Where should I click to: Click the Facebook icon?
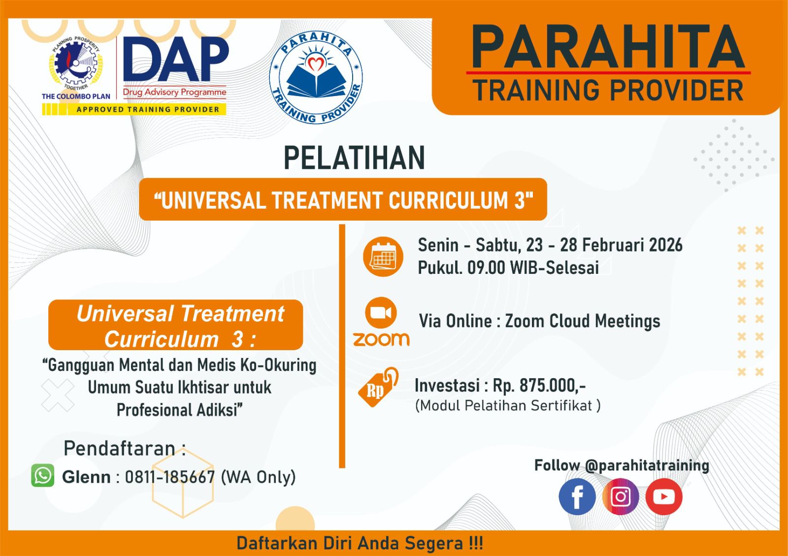(577, 496)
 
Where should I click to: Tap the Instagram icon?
(621, 496)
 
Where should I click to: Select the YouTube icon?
(664, 496)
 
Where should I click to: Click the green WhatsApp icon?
(42, 475)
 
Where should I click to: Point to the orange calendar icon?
(383, 257)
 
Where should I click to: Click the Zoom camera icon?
(381, 313)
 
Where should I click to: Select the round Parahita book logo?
(316, 77)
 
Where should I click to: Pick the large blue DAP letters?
(176, 59)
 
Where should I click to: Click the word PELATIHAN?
(354, 158)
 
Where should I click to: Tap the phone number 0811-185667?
(170, 477)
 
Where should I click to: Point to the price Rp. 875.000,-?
(539, 385)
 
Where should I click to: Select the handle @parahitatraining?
(647, 465)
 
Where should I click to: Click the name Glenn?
(86, 477)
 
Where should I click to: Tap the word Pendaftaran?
(120, 448)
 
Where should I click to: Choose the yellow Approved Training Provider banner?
(134, 109)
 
